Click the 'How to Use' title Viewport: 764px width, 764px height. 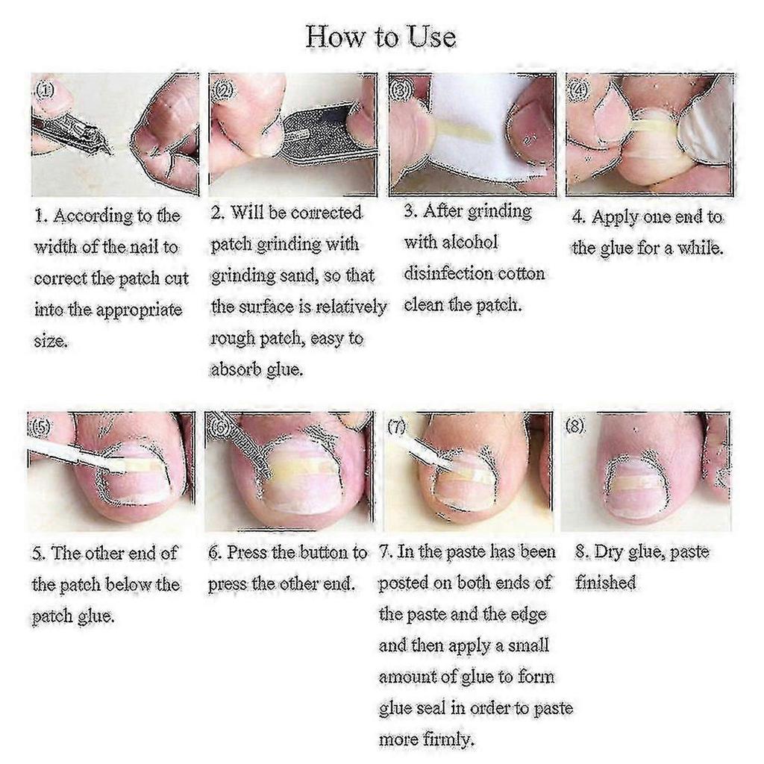coord(381,37)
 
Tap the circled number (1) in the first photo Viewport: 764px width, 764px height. coord(46,90)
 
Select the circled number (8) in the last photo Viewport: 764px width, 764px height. coord(575,426)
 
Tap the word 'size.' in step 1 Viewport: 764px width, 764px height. coord(51,340)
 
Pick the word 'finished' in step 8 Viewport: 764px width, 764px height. coord(606,583)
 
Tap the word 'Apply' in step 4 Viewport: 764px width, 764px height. coord(615,219)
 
